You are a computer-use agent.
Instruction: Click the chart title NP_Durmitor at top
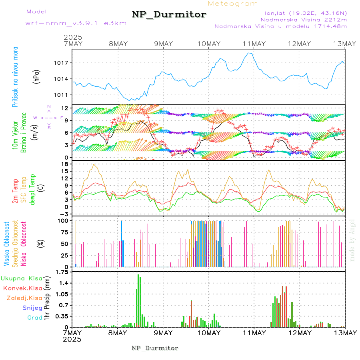(x=169, y=15)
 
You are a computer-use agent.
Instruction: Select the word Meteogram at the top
(x=233, y=4)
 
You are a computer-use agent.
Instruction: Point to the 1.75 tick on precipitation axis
(x=62, y=272)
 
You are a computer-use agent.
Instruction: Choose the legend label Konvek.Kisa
(x=22, y=288)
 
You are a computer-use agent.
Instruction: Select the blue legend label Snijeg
(x=32, y=308)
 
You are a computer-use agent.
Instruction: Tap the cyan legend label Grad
(x=35, y=318)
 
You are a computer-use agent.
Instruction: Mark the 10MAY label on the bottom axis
(x=209, y=333)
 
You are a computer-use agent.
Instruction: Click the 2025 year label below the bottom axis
(x=72, y=339)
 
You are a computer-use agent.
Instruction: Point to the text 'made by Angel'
(x=352, y=240)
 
